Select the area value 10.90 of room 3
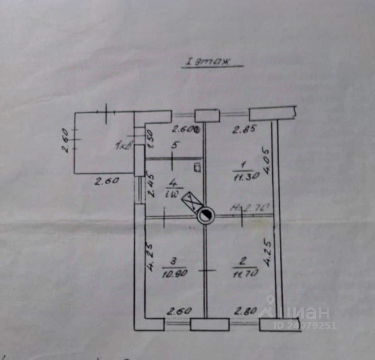174,274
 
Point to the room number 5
175,145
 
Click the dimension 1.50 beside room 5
149,140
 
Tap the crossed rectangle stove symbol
194,201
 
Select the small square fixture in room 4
197,167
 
